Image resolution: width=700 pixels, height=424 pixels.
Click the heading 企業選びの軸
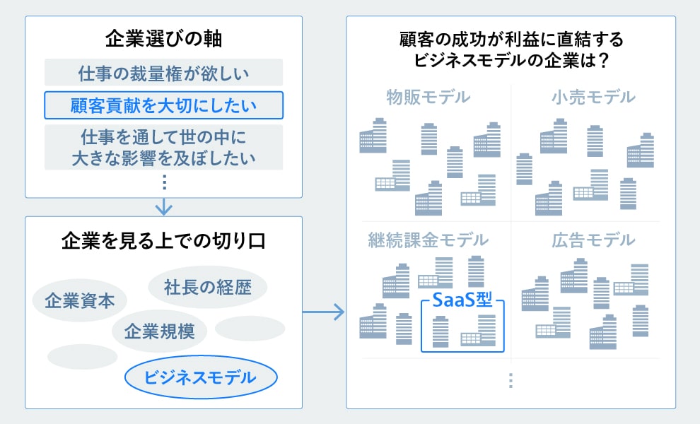pos(163,39)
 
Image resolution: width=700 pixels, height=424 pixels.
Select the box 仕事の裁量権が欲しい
pos(163,73)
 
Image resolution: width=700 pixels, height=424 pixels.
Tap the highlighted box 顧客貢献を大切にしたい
pos(163,105)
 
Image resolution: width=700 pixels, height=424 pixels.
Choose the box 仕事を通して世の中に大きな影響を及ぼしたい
pos(163,147)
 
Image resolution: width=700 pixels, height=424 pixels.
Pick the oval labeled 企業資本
pos(79,301)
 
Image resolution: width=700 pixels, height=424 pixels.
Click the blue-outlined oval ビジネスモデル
pos(200,377)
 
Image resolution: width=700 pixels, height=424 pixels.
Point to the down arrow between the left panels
pos(163,207)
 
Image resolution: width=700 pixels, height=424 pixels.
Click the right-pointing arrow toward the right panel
pos(323,312)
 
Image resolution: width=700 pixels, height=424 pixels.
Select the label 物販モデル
pos(428,98)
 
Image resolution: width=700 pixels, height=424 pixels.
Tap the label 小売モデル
pos(593,98)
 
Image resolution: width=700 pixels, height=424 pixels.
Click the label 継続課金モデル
pos(428,240)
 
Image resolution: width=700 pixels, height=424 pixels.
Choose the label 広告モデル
pos(593,240)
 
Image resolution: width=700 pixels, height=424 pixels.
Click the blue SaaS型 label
pos(462,300)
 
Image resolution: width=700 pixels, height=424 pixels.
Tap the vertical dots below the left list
pos(163,182)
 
